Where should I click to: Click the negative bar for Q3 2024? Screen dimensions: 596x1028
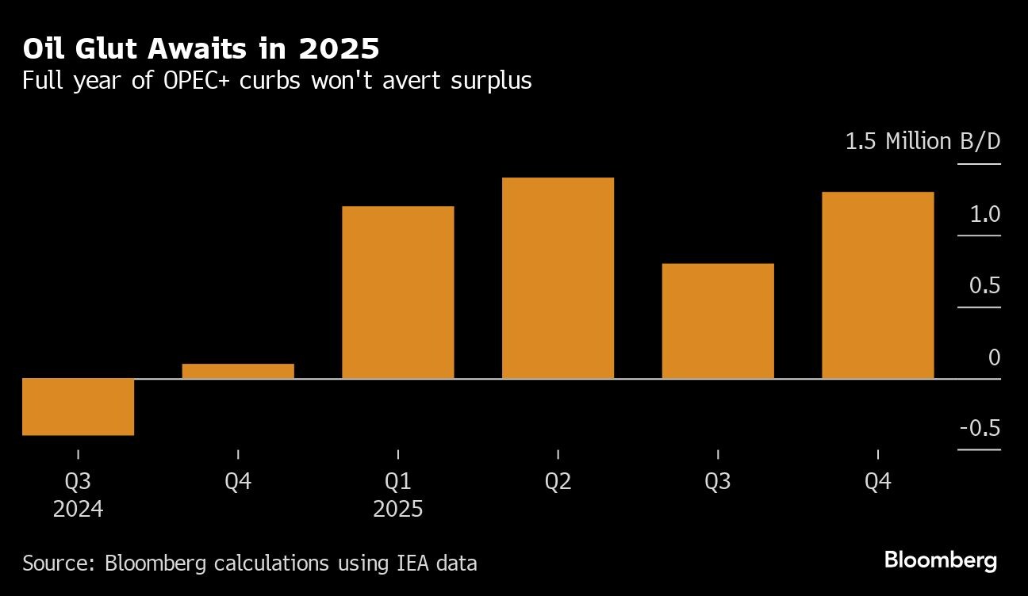[78, 407]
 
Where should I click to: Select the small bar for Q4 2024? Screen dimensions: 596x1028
[238, 371]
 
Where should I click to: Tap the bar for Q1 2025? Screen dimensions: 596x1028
[397, 292]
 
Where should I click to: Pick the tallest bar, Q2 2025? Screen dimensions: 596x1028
[558, 277]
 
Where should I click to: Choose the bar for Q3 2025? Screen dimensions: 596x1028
[718, 320]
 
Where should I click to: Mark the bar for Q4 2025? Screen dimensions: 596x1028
[877, 285]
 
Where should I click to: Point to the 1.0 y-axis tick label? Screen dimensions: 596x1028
[984, 215]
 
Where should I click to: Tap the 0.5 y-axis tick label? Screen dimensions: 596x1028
[984, 286]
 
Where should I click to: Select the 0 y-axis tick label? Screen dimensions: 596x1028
[994, 357]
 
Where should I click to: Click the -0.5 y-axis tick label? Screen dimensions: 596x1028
[980, 429]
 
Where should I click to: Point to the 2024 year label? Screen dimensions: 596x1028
[78, 508]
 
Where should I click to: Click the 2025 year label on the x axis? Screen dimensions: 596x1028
[397, 508]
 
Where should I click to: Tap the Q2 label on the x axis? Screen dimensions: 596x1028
[558, 481]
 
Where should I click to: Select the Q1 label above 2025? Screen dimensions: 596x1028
[397, 481]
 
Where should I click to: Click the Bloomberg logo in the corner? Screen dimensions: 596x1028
[940, 561]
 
